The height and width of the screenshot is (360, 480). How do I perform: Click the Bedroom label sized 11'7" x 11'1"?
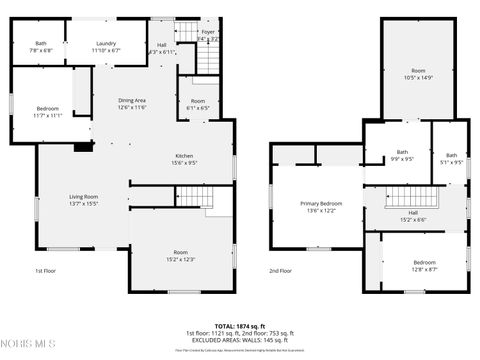pyautogui.click(x=48, y=111)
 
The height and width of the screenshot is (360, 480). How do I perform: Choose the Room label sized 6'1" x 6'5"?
pyautogui.click(x=198, y=105)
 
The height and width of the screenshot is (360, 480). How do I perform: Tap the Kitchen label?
pyautogui.click(x=185, y=160)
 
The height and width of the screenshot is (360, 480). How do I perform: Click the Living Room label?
pyautogui.click(x=83, y=200)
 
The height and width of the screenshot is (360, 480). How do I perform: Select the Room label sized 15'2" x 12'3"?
pyautogui.click(x=180, y=255)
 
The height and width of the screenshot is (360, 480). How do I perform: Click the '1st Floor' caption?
pyautogui.click(x=46, y=271)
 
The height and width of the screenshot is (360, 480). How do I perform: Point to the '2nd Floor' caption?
pyautogui.click(x=281, y=271)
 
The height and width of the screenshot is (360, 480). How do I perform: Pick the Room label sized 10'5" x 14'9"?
pyautogui.click(x=418, y=74)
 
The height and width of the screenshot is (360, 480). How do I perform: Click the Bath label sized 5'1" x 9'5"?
pyautogui.click(x=452, y=158)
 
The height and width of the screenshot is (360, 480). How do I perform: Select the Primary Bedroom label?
pyautogui.click(x=321, y=207)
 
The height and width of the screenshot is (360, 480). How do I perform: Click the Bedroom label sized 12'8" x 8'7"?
pyautogui.click(x=425, y=265)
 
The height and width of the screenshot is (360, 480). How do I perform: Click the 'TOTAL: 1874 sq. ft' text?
pyautogui.click(x=240, y=326)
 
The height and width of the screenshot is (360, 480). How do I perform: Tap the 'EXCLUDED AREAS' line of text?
pyautogui.click(x=240, y=340)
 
